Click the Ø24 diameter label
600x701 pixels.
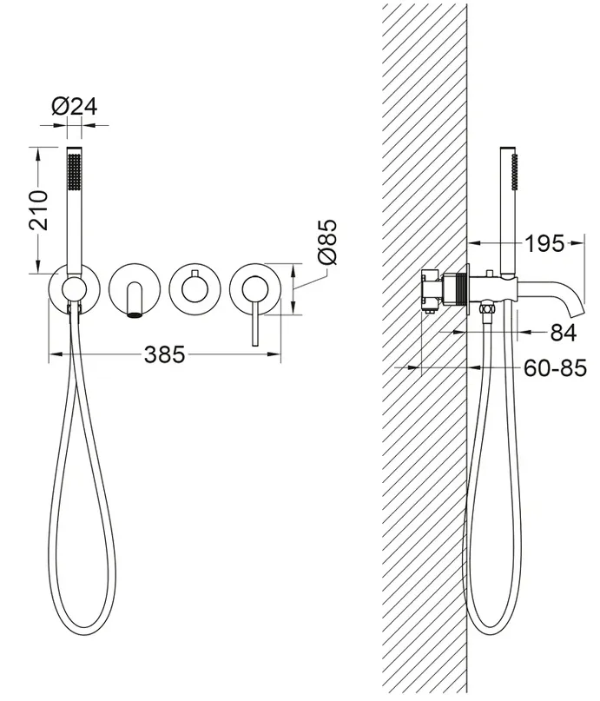[x=74, y=107]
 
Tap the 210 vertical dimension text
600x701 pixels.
[x=38, y=210]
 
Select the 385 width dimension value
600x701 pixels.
[x=164, y=354]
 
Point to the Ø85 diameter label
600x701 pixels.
[x=326, y=241]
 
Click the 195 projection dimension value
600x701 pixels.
[x=544, y=243]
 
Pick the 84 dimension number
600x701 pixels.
[x=563, y=333]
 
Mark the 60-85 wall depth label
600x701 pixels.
[x=555, y=368]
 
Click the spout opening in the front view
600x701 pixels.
[x=134, y=315]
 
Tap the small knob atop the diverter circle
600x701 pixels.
[x=195, y=273]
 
